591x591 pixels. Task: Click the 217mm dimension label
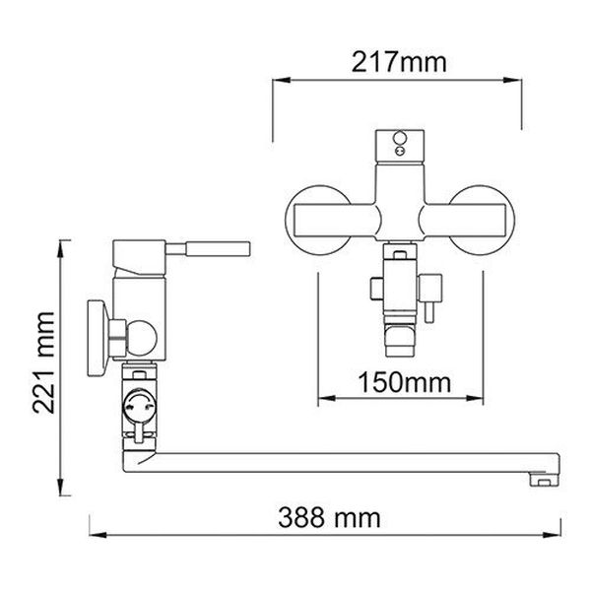[399, 62]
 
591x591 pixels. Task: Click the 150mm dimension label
[404, 382]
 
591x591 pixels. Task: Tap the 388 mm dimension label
[329, 517]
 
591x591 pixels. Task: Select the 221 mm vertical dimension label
[43, 362]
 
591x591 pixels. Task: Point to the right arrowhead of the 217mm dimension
[512, 80]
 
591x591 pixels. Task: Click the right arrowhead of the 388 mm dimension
[552, 535]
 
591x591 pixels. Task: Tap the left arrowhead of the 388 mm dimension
[98, 535]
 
